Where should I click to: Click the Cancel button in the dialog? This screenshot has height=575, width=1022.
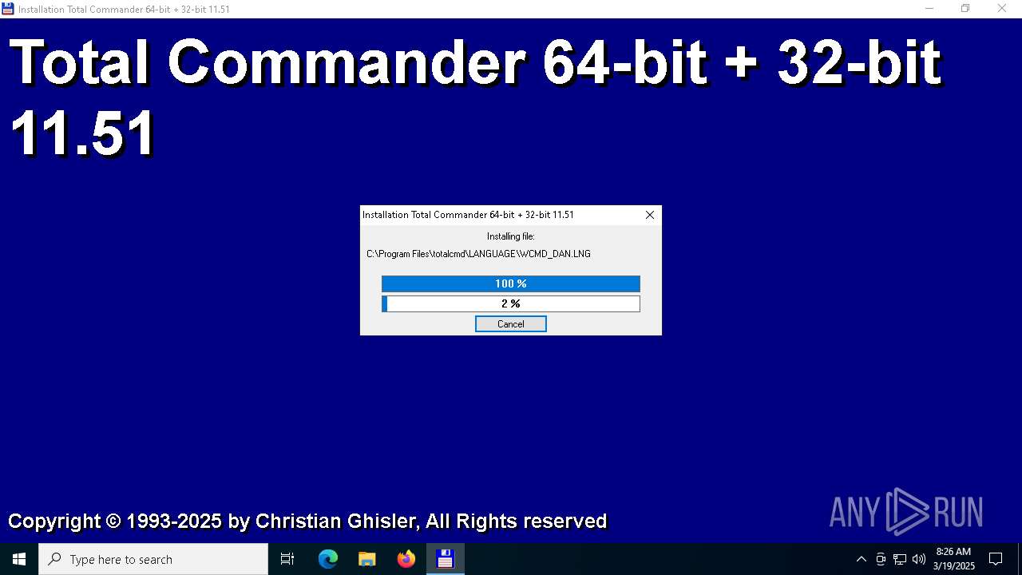pos(510,324)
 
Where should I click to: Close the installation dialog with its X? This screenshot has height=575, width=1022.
pos(650,215)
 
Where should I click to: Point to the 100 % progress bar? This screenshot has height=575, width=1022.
pos(510,284)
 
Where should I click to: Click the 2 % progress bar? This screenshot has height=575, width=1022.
pos(510,304)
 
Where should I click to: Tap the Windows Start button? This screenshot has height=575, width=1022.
pos(18,559)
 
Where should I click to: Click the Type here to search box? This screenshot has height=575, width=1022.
pos(153,559)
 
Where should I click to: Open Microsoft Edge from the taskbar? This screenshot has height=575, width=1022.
pos(327,559)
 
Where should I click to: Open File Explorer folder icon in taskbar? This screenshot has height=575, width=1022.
pos(366,559)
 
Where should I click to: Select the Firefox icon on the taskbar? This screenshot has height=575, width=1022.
pos(406,559)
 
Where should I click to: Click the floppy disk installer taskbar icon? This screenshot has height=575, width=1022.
pos(446,559)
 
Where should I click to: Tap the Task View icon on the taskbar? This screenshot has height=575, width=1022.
pos(287,559)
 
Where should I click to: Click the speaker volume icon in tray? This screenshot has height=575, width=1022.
pos(918,559)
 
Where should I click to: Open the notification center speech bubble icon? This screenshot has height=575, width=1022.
pos(995,559)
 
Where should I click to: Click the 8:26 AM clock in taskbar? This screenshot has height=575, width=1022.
pos(953,552)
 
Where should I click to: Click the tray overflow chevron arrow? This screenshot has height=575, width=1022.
pos(861,559)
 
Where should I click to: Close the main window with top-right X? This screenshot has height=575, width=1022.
pos(1001,9)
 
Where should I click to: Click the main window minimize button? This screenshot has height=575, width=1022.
pos(929,9)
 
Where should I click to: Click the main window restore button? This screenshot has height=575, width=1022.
pos(965,9)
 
